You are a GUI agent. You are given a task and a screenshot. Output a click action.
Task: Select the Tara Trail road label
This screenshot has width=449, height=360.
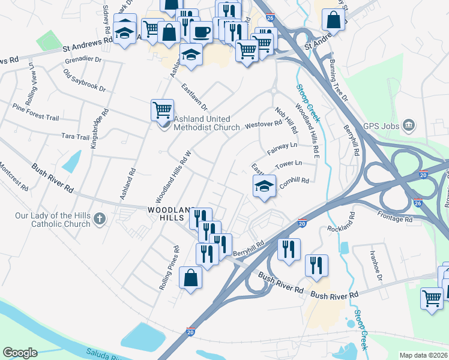click(x=76, y=136)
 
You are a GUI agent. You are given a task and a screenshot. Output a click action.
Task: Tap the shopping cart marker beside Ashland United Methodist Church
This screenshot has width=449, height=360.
click(x=162, y=110)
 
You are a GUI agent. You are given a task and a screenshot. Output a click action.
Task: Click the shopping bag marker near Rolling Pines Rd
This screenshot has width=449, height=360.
click(x=190, y=278)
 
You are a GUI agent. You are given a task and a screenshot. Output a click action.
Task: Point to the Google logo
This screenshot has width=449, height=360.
click(x=20, y=353)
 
